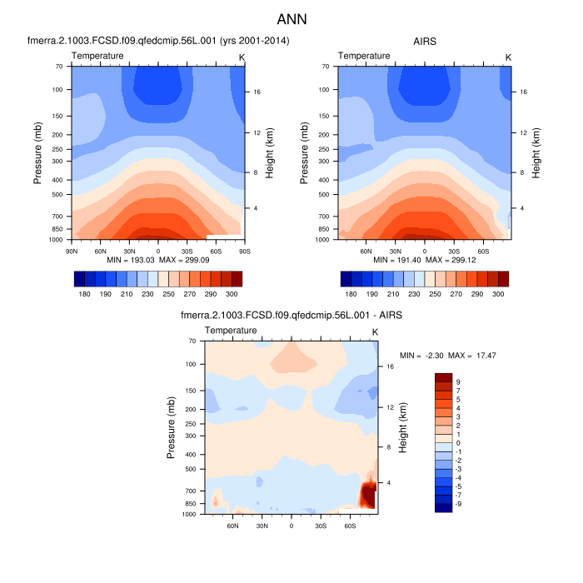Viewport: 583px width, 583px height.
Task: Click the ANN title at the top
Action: tap(291, 17)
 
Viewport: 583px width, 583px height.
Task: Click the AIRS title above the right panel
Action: tap(425, 40)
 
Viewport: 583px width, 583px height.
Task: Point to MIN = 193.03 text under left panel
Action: tap(125, 261)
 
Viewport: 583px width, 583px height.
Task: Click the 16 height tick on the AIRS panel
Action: tap(522, 92)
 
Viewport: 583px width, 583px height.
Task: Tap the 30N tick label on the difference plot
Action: tap(262, 526)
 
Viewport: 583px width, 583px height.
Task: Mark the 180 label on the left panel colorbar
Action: tap(83, 295)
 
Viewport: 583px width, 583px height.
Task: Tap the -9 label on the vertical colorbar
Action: tap(459, 504)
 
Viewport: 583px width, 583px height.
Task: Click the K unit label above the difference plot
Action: tap(375, 331)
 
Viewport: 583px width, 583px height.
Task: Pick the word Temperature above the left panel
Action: tap(97, 56)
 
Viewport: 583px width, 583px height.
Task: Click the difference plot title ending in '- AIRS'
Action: tap(291, 316)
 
